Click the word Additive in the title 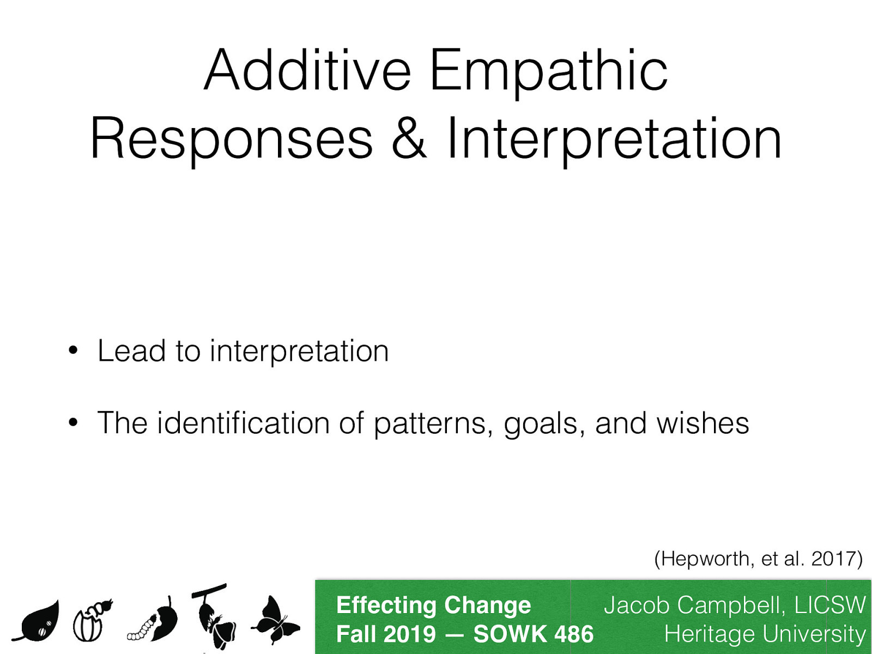point(307,71)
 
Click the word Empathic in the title point(548,71)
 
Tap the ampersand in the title point(409,139)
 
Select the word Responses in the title point(231,139)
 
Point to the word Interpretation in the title point(614,139)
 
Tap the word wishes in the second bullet point(703,423)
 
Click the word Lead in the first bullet point(131,350)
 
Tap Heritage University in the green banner point(764,634)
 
